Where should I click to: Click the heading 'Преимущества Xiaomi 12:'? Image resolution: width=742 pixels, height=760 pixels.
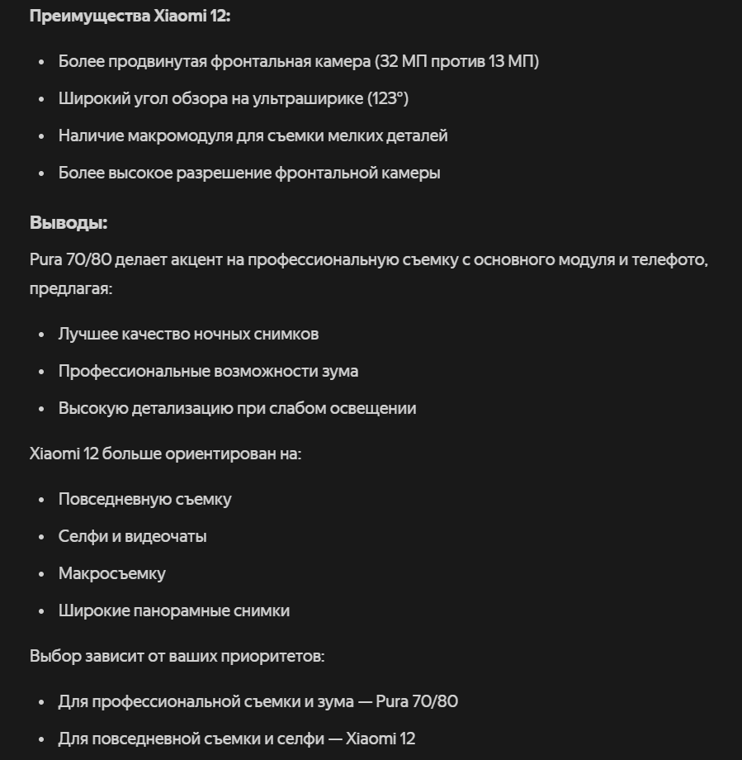[x=130, y=17]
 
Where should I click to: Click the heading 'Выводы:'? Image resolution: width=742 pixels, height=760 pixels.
[x=69, y=223]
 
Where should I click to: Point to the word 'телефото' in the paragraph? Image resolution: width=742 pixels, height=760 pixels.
[x=673, y=260]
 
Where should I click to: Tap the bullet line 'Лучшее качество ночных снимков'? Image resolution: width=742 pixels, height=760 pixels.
[x=188, y=335]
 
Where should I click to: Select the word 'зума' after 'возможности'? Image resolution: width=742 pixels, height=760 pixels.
[x=340, y=372]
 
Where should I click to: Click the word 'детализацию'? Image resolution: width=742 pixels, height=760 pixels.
[x=185, y=409]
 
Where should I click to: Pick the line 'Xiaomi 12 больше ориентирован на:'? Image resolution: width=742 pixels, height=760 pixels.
[x=165, y=454]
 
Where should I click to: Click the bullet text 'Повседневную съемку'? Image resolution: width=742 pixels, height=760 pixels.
[x=144, y=500]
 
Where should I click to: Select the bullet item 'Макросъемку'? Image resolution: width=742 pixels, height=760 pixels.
[x=111, y=574]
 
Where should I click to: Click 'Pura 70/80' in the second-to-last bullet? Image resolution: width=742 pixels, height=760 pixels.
[x=417, y=702]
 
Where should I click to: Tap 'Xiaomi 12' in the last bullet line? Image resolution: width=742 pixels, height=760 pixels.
[x=380, y=739]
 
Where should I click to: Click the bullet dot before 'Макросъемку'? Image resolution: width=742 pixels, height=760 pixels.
[x=41, y=574]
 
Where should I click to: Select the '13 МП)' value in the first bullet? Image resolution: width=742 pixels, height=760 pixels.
[x=513, y=62]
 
